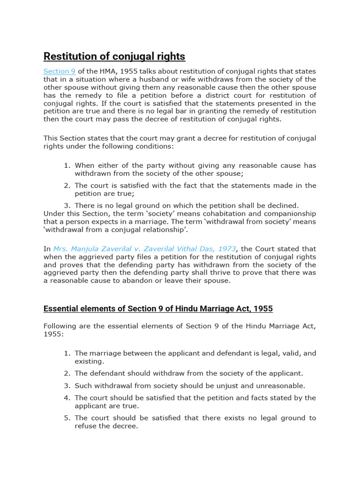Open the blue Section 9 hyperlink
coord(60,71)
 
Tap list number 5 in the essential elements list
coord(67,418)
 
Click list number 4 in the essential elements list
coord(67,397)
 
